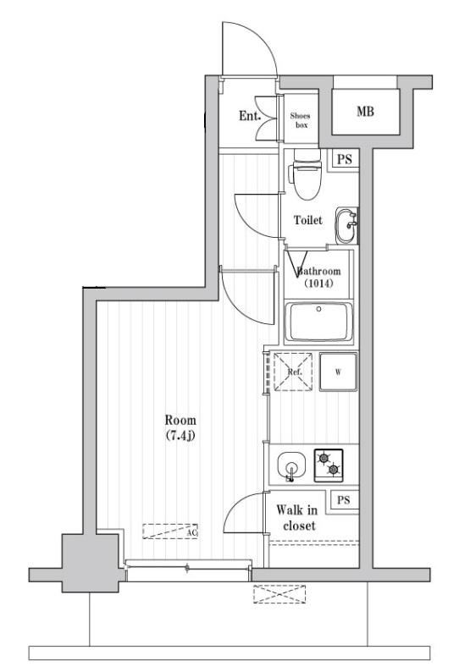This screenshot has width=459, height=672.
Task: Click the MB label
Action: [366, 112]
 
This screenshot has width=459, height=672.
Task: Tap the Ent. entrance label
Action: [249, 116]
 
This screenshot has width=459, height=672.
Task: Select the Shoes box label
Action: [300, 120]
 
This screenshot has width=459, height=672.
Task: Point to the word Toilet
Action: [307, 220]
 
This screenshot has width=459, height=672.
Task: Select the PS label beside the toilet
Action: [344, 159]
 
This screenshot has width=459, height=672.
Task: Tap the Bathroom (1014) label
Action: [318, 277]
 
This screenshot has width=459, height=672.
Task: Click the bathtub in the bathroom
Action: [318, 322]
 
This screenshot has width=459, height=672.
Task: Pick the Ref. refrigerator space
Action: [293, 372]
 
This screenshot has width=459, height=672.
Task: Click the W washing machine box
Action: [338, 371]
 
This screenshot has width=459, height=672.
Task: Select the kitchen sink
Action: [291, 466]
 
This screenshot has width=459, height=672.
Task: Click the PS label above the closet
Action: [343, 500]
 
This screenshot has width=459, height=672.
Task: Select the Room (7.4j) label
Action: [180, 427]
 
